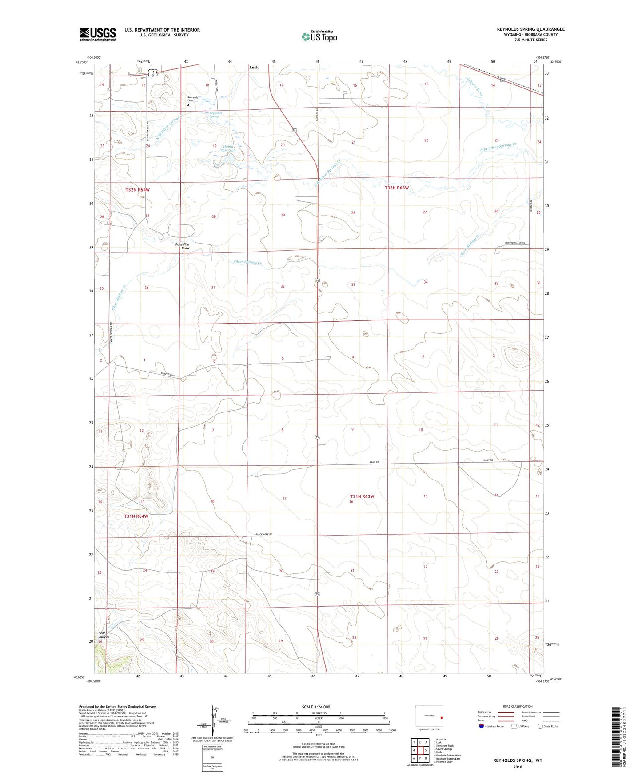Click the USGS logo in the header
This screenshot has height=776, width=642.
pyautogui.click(x=98, y=34)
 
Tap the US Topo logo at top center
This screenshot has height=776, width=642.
pyautogui.click(x=319, y=36)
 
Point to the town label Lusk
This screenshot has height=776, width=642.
pyautogui.click(x=254, y=68)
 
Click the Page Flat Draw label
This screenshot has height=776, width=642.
pyautogui.click(x=182, y=246)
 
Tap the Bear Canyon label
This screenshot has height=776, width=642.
pyautogui.click(x=104, y=634)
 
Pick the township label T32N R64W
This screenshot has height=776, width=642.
pyautogui.click(x=137, y=190)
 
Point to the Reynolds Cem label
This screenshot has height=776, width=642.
pyautogui.click(x=192, y=99)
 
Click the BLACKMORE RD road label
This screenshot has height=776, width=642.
pyautogui.click(x=263, y=534)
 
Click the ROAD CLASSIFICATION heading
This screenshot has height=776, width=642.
pyautogui.click(x=518, y=706)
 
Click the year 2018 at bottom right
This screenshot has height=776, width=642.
pyautogui.click(x=517, y=767)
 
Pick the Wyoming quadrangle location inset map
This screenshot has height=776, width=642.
pyautogui.click(x=429, y=716)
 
